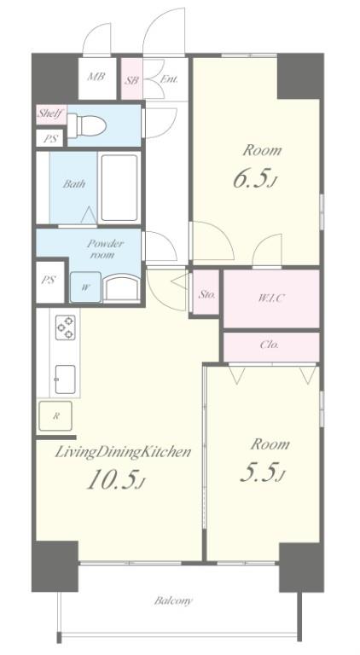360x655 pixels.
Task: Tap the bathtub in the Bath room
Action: [x=119, y=188]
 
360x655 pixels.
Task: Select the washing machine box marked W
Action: [x=85, y=287]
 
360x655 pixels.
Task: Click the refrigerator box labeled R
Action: [x=55, y=416]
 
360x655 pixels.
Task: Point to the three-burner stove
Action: [x=66, y=327]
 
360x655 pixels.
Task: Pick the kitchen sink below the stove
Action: [x=66, y=380]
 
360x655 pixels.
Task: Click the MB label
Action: [x=96, y=78]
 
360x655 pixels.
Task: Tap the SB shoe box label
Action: [x=131, y=80]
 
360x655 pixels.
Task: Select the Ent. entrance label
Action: [x=169, y=79]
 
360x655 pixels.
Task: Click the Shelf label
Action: [x=50, y=113]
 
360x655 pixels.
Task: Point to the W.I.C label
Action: [x=271, y=299]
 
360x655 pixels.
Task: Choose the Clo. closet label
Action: [x=270, y=345]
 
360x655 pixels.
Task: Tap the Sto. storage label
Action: [x=206, y=294]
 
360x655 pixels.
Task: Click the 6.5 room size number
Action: [x=253, y=179]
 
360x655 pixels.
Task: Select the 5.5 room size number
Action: [x=261, y=473]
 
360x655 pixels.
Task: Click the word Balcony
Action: [x=173, y=601]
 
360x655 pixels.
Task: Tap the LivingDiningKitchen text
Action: [x=123, y=453]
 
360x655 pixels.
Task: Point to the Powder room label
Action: [x=105, y=249]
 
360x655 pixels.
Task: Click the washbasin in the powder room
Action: [x=120, y=287]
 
